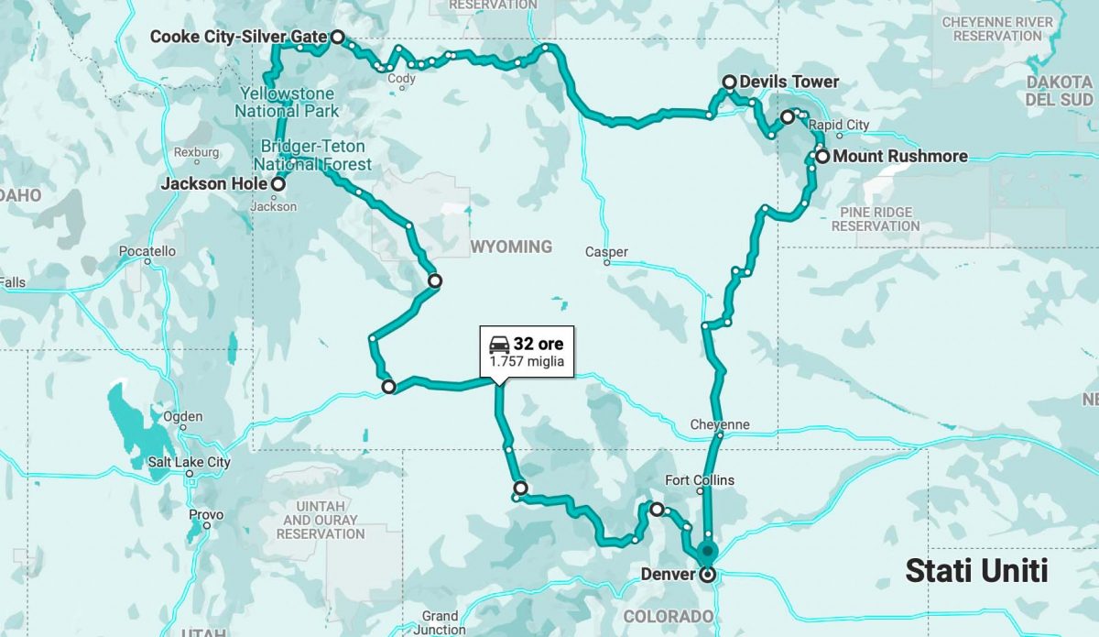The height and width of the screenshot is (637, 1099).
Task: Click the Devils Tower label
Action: click(789, 82)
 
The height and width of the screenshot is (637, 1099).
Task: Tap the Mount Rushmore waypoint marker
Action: click(822, 156)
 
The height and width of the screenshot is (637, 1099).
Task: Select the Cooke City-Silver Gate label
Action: click(238, 37)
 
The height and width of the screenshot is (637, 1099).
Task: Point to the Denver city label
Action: click(668, 575)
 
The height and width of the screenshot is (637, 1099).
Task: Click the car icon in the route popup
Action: click(499, 345)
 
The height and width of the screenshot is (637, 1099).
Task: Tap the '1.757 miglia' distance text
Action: click(527, 362)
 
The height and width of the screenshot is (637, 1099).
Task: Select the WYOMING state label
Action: click(512, 247)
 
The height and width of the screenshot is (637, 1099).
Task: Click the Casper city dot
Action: click(606, 262)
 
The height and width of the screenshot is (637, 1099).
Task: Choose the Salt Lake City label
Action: click(190, 462)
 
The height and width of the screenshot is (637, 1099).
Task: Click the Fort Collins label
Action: click(700, 480)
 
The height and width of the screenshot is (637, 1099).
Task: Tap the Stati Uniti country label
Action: click(976, 571)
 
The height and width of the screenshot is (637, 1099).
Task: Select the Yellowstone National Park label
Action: click(286, 102)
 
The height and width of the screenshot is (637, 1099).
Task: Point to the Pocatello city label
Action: click(147, 250)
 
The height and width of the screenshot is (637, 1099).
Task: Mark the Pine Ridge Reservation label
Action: click(876, 218)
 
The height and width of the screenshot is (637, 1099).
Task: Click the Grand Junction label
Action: click(440, 622)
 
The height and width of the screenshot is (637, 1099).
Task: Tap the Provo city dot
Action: click(207, 526)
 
